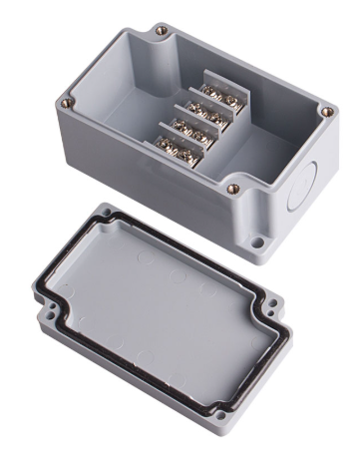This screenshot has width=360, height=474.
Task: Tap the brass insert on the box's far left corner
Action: (66, 101)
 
